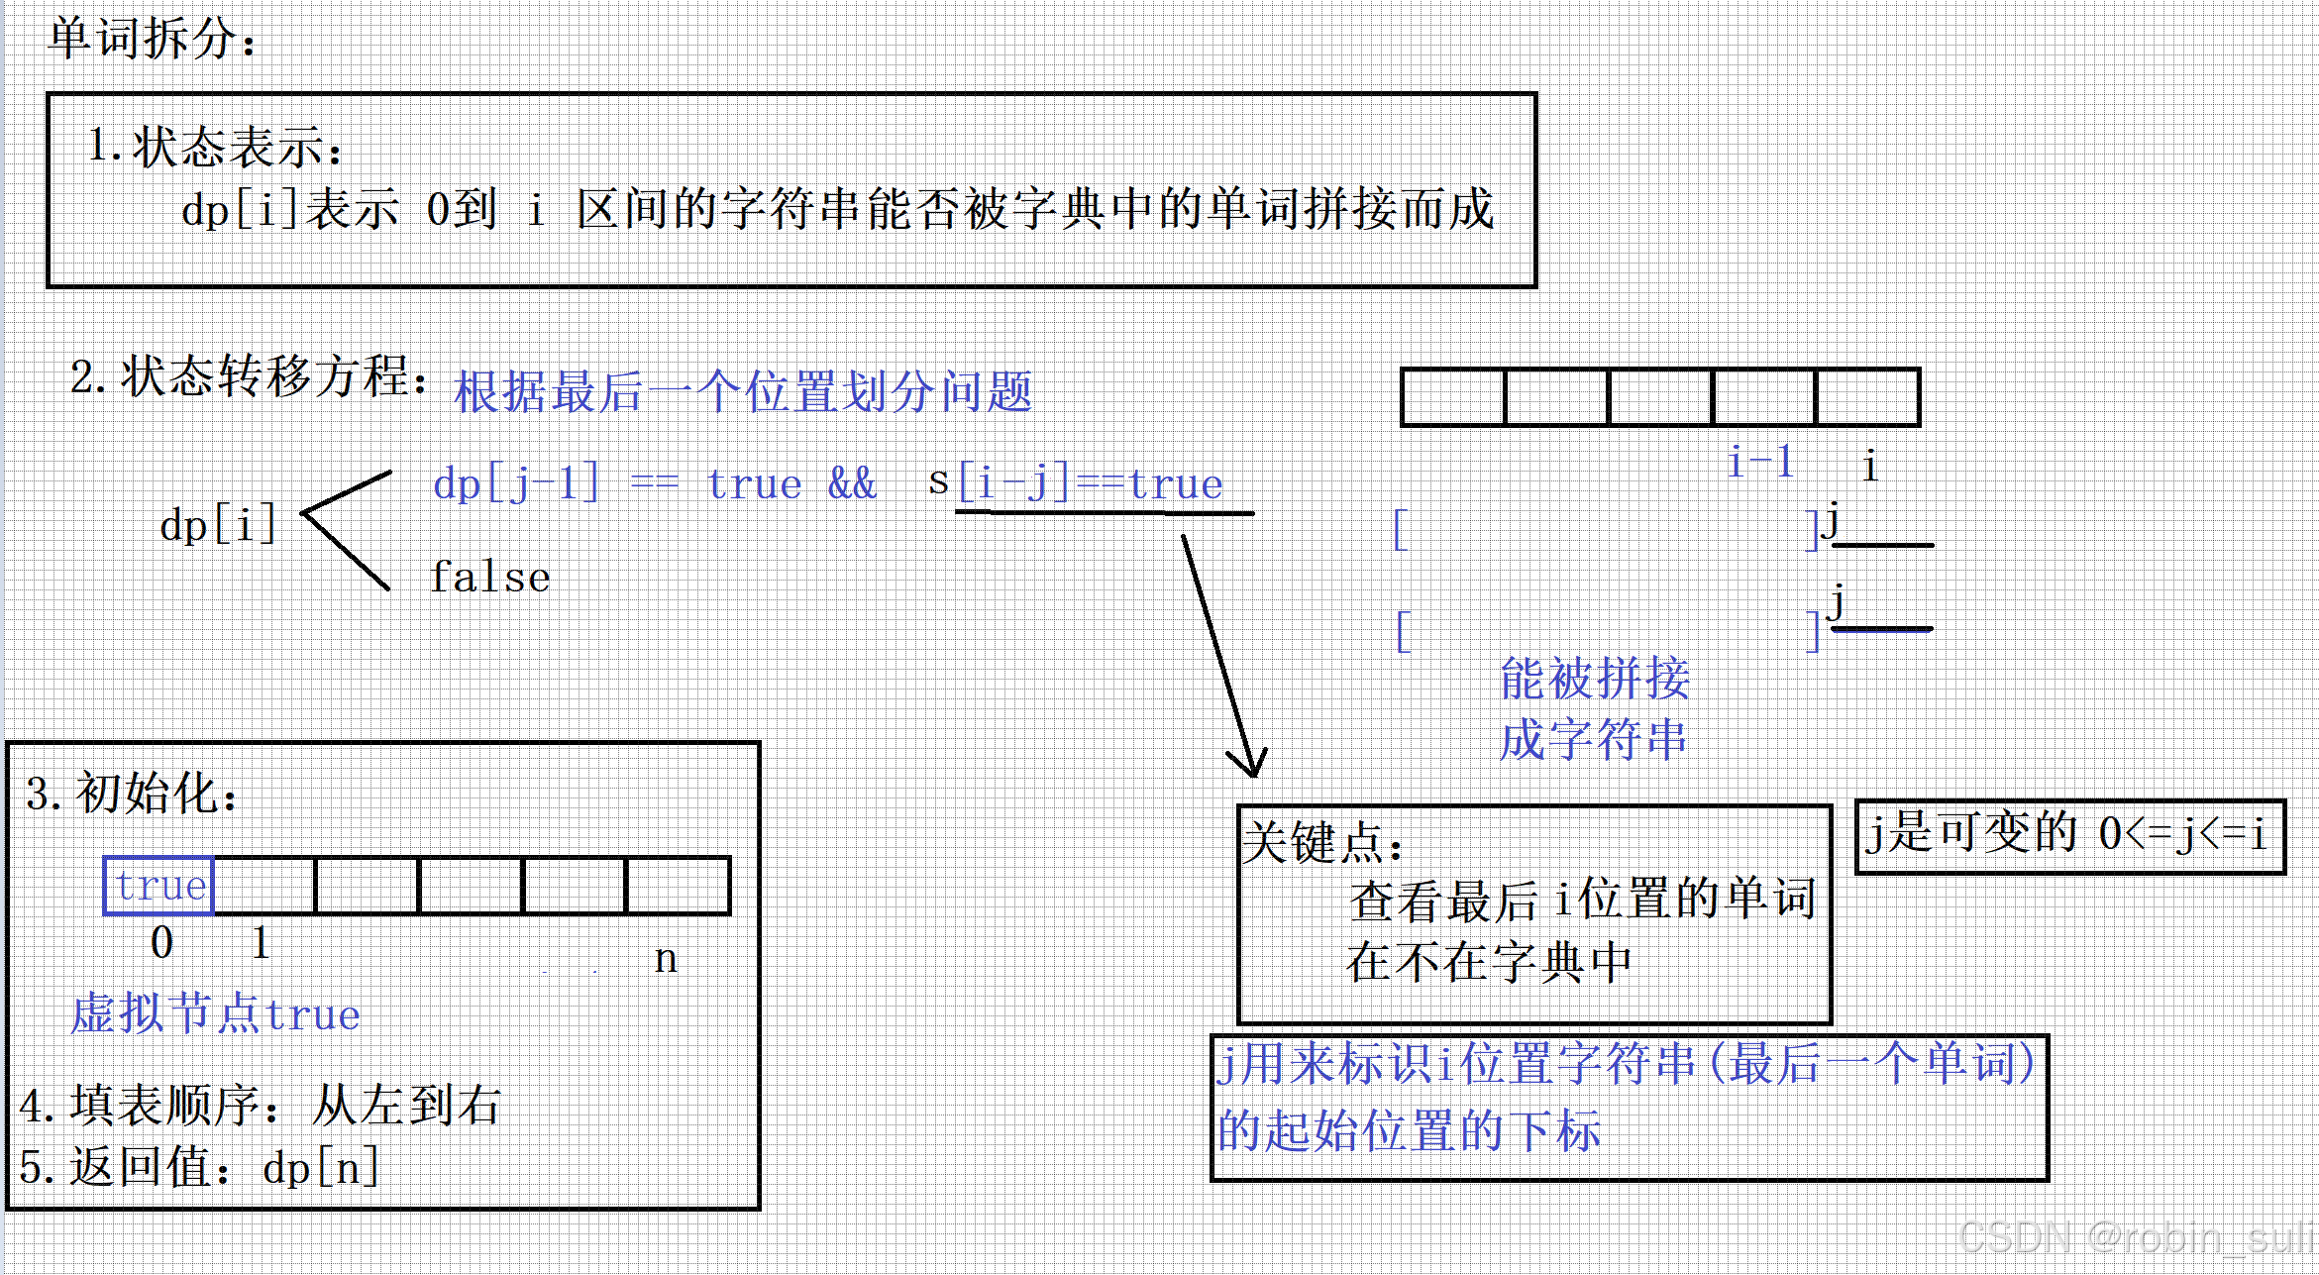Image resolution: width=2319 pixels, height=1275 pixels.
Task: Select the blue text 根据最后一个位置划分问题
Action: click(x=742, y=391)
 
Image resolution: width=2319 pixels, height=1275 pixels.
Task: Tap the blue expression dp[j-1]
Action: click(x=516, y=483)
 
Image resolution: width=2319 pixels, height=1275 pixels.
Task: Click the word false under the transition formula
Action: click(x=490, y=577)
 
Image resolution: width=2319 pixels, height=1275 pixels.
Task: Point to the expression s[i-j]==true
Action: click(x=1076, y=483)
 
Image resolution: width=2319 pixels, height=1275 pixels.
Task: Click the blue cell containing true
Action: click(x=159, y=886)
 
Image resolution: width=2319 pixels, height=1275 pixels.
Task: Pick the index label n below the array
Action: click(x=666, y=958)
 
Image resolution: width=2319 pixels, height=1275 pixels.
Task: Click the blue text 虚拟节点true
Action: click(x=215, y=1014)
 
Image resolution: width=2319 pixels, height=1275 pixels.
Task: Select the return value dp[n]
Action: click(x=321, y=1168)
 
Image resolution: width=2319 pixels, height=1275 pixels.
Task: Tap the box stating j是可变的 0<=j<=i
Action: click(x=2068, y=835)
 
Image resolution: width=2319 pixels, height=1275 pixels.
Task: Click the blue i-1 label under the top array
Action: click(x=1759, y=462)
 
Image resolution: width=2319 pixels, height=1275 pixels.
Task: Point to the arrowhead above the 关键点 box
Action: click(x=1250, y=764)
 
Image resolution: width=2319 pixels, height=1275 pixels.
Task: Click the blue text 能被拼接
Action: click(x=1594, y=680)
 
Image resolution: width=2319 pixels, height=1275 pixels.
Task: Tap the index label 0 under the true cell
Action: click(x=161, y=942)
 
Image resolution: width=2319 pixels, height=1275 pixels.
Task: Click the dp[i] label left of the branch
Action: click(x=217, y=525)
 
